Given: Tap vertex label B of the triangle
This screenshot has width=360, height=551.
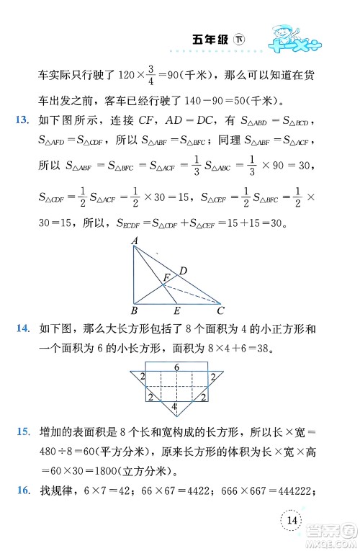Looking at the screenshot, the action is click(135, 311).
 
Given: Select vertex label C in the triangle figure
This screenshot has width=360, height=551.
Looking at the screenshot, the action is click(220, 311).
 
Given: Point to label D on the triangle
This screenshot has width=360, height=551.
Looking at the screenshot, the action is click(184, 271).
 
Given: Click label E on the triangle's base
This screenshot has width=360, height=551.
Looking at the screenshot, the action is click(177, 311).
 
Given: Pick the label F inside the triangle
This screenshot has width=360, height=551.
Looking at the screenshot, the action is click(166, 276).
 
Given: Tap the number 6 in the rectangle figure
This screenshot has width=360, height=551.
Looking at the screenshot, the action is click(177, 368).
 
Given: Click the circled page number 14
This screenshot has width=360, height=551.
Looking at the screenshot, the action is click(292, 521).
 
